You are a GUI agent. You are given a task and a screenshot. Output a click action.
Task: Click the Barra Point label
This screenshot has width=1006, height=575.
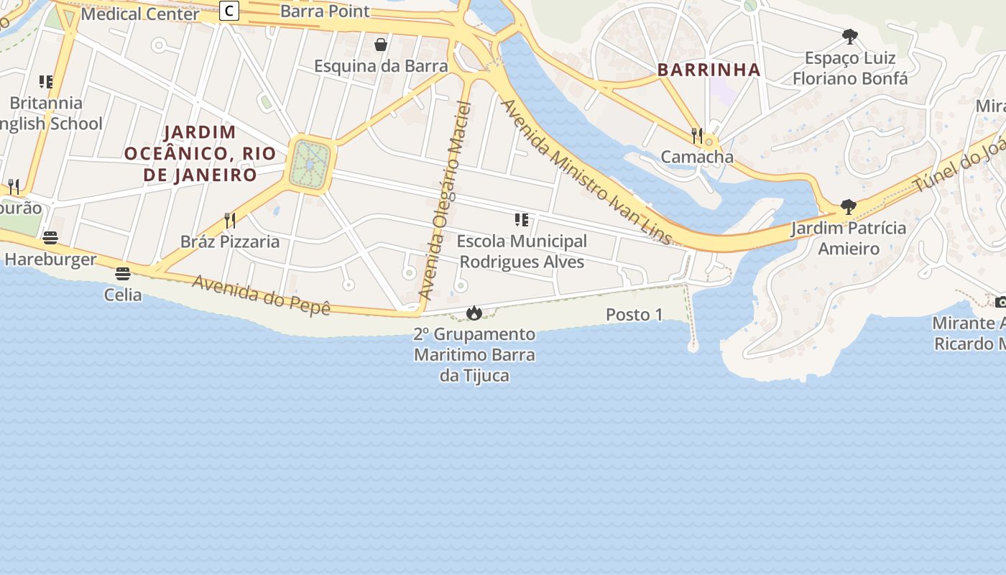coord(325,11)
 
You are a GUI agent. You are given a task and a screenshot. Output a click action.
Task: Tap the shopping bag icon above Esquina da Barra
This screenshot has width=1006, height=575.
coord(381,45)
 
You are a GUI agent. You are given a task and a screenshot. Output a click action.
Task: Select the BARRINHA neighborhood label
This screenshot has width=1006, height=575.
coord(709,70)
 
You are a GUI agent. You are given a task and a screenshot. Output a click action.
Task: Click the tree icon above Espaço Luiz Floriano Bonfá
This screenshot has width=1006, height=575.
coord(850,37)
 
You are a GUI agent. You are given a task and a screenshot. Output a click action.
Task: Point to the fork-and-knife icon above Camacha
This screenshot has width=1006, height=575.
coord(696,135)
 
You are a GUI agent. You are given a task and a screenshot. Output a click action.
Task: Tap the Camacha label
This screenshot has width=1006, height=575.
coord(697,157)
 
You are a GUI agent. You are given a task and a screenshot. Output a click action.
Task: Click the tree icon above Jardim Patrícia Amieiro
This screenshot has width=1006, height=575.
coord(849,207)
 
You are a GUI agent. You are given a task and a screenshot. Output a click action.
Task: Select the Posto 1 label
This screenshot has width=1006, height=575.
coord(634,314)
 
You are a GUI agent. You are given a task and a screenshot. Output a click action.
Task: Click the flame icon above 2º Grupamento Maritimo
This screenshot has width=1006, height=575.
coord(474,313)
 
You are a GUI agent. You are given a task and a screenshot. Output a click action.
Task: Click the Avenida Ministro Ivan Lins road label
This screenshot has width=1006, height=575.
coord(586,172)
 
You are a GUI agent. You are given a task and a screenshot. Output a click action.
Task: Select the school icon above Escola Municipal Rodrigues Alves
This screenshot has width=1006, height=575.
coord(522,220)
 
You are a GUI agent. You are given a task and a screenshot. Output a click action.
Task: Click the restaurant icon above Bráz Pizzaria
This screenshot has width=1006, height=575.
coord(230,220)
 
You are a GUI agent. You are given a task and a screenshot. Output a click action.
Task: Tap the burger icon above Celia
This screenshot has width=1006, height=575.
coord(123,274)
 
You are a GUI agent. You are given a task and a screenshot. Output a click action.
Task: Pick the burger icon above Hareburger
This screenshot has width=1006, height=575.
coord(50,238)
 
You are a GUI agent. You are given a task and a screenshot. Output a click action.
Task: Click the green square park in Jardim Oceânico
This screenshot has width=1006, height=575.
coord(310,165)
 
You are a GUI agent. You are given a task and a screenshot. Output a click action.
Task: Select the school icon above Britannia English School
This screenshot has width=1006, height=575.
coord(46,82)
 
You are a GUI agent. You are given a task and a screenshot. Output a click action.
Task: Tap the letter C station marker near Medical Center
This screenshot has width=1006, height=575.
coord(229,11)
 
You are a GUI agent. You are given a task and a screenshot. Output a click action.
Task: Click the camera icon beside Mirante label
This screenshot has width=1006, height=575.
coord(1000,302)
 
